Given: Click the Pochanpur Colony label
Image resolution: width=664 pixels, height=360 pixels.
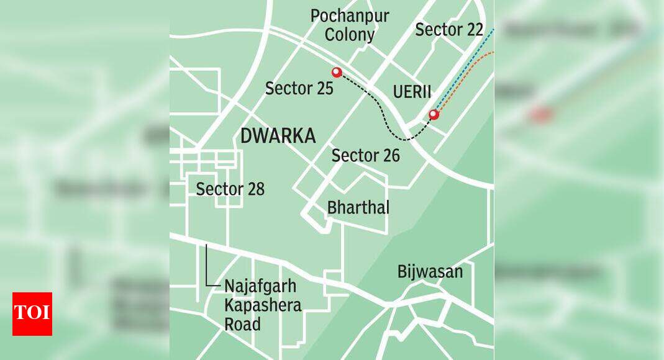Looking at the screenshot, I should [x=350, y=25].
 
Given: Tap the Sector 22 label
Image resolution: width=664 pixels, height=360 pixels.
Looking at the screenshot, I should [x=449, y=29].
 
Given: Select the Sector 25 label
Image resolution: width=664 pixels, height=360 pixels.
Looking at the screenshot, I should [x=299, y=88].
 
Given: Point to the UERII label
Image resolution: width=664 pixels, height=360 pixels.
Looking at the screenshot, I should [x=412, y=92].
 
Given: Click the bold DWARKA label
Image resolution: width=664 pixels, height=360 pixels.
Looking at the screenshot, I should [x=278, y=136].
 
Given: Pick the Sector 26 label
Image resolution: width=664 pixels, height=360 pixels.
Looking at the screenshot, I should [x=365, y=155].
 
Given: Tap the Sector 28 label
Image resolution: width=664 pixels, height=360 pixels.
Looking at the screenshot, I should [x=230, y=189].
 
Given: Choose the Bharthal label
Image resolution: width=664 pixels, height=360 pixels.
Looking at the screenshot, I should [x=358, y=207].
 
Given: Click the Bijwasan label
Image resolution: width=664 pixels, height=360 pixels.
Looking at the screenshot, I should [x=430, y=272].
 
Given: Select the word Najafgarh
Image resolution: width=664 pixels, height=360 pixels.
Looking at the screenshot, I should [x=260, y=287].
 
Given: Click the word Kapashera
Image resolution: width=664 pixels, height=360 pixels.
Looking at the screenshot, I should [x=263, y=305].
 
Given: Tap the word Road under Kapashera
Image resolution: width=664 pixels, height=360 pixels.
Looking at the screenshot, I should [x=243, y=324].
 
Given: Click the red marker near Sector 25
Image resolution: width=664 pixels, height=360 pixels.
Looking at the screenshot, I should [x=337, y=73].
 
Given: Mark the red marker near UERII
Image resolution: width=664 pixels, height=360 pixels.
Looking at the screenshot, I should [x=434, y=114].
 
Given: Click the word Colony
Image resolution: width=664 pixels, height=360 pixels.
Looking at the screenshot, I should [x=350, y=35].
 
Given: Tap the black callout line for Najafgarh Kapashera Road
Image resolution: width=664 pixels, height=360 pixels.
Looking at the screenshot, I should [x=207, y=267].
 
